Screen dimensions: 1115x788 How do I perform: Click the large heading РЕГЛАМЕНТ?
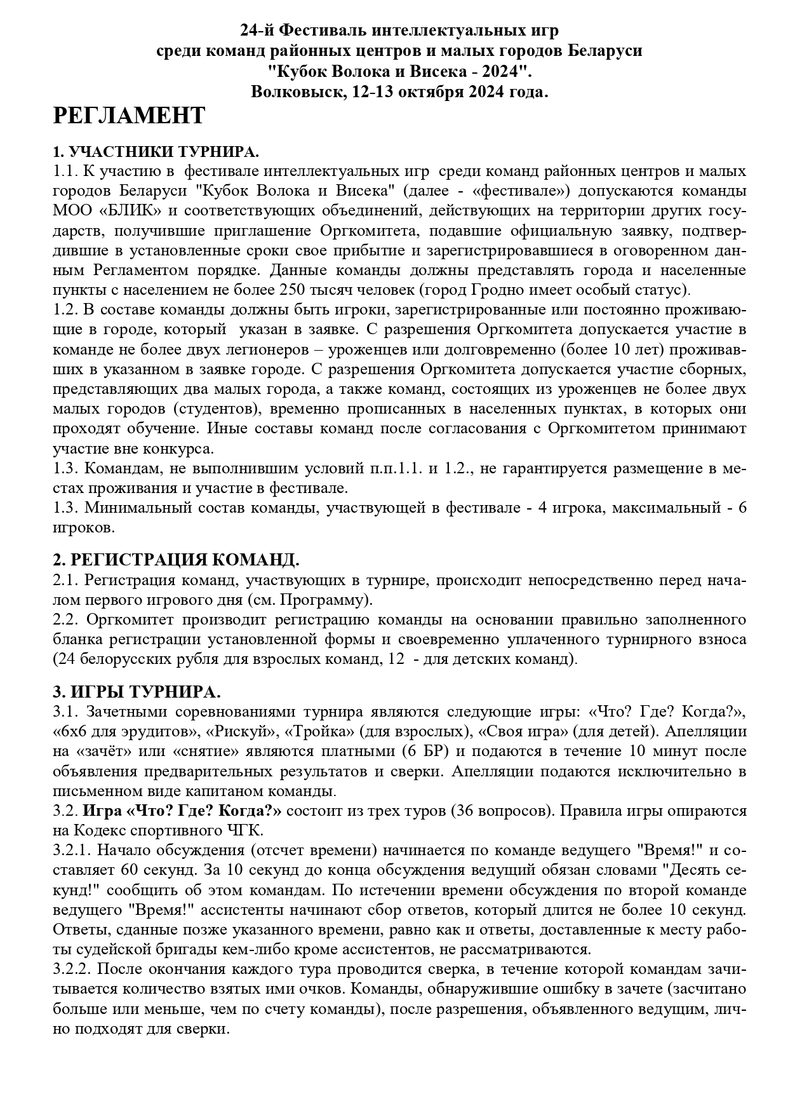[129, 116]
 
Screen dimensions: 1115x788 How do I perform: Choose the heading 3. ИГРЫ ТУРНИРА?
[137, 691]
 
